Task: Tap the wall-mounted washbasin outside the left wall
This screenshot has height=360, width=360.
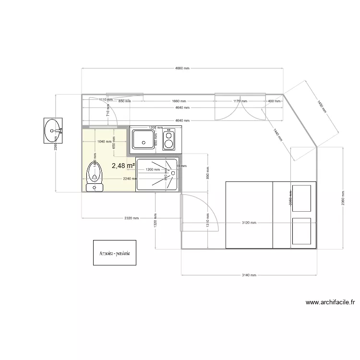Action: [53, 130]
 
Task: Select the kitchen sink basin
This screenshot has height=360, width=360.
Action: [144, 139]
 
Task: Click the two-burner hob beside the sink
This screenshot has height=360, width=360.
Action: [169, 140]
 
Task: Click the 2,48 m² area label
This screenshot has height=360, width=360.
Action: [123, 166]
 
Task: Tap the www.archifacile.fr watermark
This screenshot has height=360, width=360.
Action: [330, 302]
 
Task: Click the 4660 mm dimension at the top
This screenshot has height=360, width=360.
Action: [182, 69]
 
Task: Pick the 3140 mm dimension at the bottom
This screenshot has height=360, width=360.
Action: [249, 275]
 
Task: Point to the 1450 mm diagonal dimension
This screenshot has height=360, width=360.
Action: [321, 106]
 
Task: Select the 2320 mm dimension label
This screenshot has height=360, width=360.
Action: [131, 218]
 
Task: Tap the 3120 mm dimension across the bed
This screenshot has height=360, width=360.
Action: [249, 223]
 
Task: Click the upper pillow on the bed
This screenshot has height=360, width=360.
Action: [303, 197]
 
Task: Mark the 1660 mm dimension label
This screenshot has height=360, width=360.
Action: [179, 101]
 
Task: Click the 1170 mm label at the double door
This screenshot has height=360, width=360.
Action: [240, 101]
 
